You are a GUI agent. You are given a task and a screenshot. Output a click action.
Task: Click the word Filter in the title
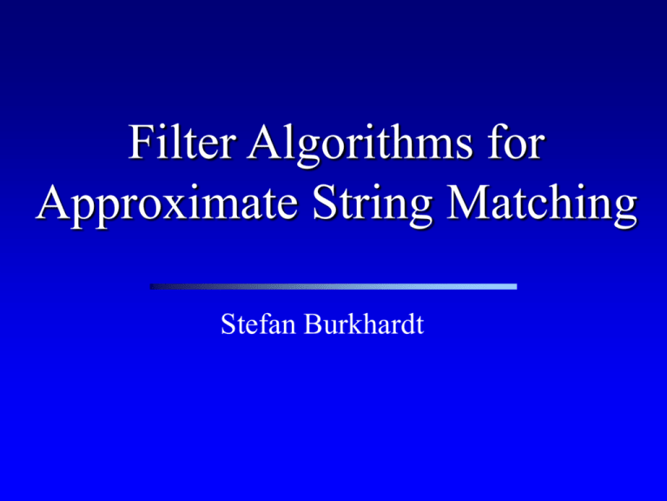click(182, 143)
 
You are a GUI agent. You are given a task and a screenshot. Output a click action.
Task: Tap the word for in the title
click(515, 142)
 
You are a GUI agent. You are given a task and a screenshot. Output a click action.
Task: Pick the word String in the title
click(373, 204)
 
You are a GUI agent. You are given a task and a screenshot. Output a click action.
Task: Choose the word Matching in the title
click(542, 204)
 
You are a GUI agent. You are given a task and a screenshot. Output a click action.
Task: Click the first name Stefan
click(258, 324)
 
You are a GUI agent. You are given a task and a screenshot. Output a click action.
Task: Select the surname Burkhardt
click(364, 324)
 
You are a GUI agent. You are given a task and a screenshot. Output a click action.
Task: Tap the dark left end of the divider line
click(150, 287)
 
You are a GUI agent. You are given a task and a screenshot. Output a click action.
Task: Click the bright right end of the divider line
click(516, 287)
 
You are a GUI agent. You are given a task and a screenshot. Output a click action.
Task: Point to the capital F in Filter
click(141, 143)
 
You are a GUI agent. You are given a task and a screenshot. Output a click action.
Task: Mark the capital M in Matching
click(469, 202)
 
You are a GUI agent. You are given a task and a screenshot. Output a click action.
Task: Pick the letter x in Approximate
click(181, 209)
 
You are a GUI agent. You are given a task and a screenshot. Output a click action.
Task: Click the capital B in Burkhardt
click(314, 324)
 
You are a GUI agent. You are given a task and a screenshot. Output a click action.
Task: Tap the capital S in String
click(325, 202)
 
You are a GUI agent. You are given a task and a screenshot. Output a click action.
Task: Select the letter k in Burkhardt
click(356, 324)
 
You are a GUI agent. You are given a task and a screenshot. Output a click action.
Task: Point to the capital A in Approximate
click(54, 202)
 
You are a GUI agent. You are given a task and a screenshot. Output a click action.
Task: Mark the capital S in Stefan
click(228, 324)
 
